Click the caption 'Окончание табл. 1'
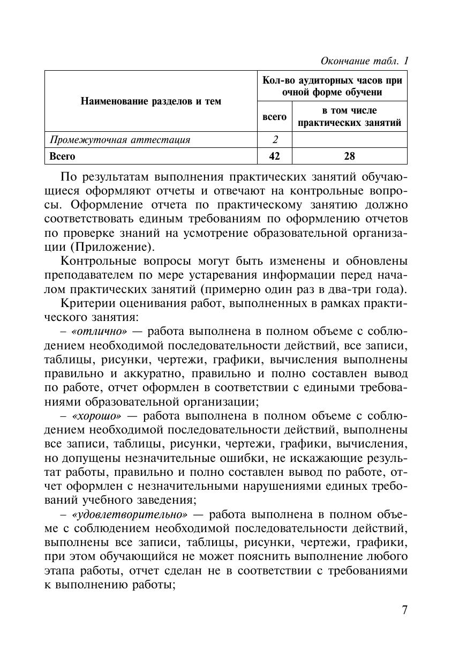(x=364, y=61)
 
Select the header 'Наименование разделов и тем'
(x=151, y=101)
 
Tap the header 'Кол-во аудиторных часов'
(x=332, y=86)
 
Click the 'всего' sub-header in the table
(x=274, y=116)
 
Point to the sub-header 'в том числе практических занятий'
(x=349, y=117)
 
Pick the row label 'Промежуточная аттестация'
(x=120, y=140)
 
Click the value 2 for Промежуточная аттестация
(x=275, y=140)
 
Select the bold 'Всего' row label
(x=63, y=156)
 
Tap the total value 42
(x=275, y=156)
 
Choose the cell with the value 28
(x=349, y=156)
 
